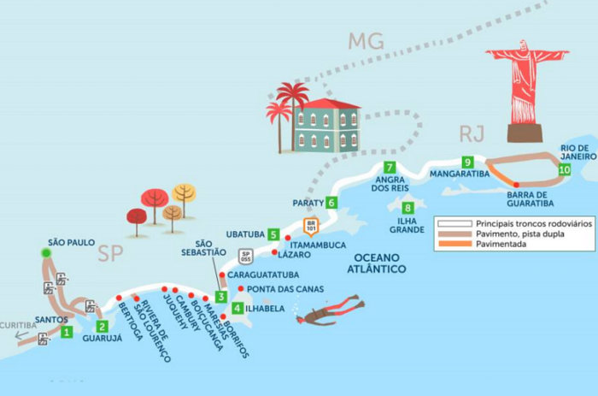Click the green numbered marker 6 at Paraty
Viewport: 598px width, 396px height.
coord(331,203)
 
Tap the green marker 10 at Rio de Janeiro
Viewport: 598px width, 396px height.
coord(565,169)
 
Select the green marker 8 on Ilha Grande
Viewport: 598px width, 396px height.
coord(407,208)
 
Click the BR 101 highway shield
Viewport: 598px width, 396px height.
coord(311,225)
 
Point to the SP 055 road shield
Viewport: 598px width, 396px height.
coord(246,257)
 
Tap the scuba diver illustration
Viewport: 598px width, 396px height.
coord(331,310)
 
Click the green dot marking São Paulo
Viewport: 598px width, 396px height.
coord(46,252)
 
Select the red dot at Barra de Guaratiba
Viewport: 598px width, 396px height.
coord(516,185)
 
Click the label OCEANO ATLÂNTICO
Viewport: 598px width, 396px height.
coord(376,263)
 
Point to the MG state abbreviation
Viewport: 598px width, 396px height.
coord(366,41)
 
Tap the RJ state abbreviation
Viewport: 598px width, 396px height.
coord(472,133)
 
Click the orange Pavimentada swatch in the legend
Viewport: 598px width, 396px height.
coord(455,244)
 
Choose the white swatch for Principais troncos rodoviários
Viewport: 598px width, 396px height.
coord(455,223)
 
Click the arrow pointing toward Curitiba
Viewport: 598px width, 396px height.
coord(21,335)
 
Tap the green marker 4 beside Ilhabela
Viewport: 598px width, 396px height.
coord(237,308)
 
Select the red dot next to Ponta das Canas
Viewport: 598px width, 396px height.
coord(241,288)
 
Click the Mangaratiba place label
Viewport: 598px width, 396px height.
coord(460,174)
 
